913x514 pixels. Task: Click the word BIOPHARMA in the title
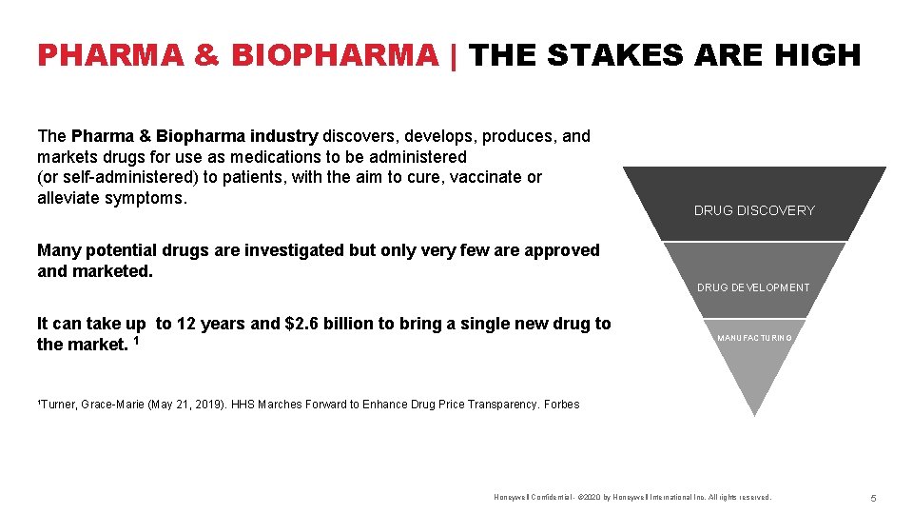click(x=333, y=55)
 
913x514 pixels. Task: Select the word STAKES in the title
click(x=614, y=55)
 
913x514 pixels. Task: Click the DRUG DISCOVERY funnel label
click(x=754, y=210)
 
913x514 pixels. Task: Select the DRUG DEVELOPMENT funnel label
click(x=753, y=287)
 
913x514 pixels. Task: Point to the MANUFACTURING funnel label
click(x=754, y=338)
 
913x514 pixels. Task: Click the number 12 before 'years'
click(x=186, y=324)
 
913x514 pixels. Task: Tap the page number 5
click(x=872, y=498)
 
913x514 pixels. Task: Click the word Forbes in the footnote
click(x=561, y=405)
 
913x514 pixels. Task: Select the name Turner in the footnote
click(x=59, y=405)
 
